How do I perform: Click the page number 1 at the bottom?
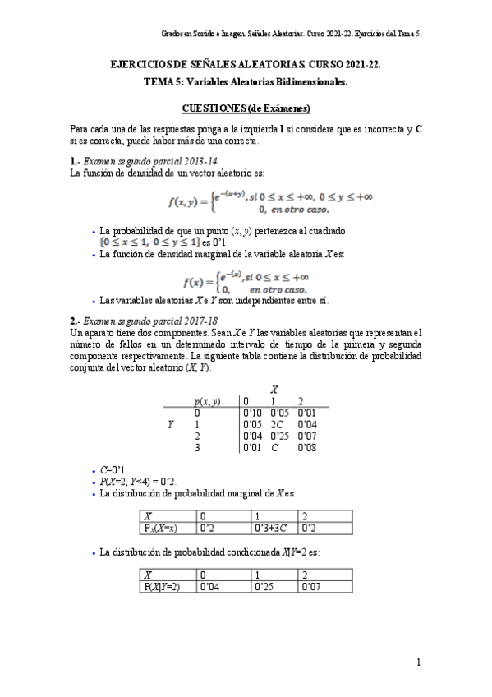(x=418, y=662)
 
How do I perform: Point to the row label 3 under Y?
(x=197, y=448)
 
